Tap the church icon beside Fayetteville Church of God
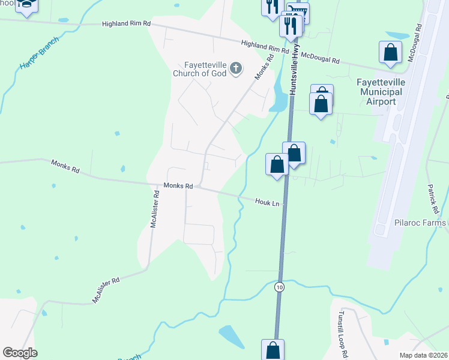pyautogui.click(x=236, y=68)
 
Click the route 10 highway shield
pyautogui.click(x=279, y=287)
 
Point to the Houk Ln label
pyautogui.click(x=268, y=203)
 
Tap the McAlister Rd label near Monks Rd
pyautogui.click(x=155, y=211)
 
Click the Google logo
pyautogui.click(x=20, y=353)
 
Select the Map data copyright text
pyautogui.click(x=424, y=355)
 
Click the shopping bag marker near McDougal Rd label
pyautogui.click(x=390, y=52)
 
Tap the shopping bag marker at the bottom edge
pyautogui.click(x=273, y=349)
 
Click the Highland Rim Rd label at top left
pyautogui.click(x=126, y=23)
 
